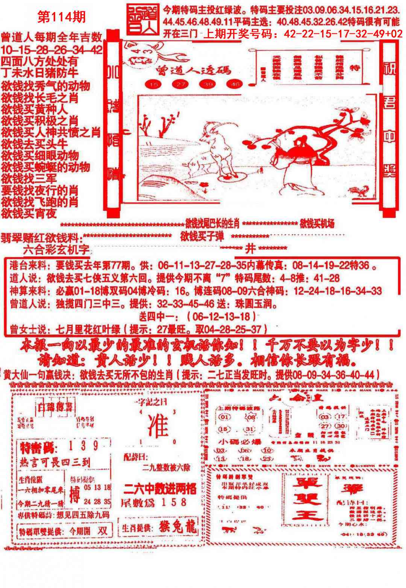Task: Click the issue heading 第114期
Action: click(62, 17)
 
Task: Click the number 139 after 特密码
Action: click(84, 447)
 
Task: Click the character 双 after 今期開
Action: click(101, 531)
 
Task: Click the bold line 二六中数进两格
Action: click(159, 488)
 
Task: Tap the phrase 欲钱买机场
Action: click(317, 224)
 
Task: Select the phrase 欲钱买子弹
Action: click(202, 236)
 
